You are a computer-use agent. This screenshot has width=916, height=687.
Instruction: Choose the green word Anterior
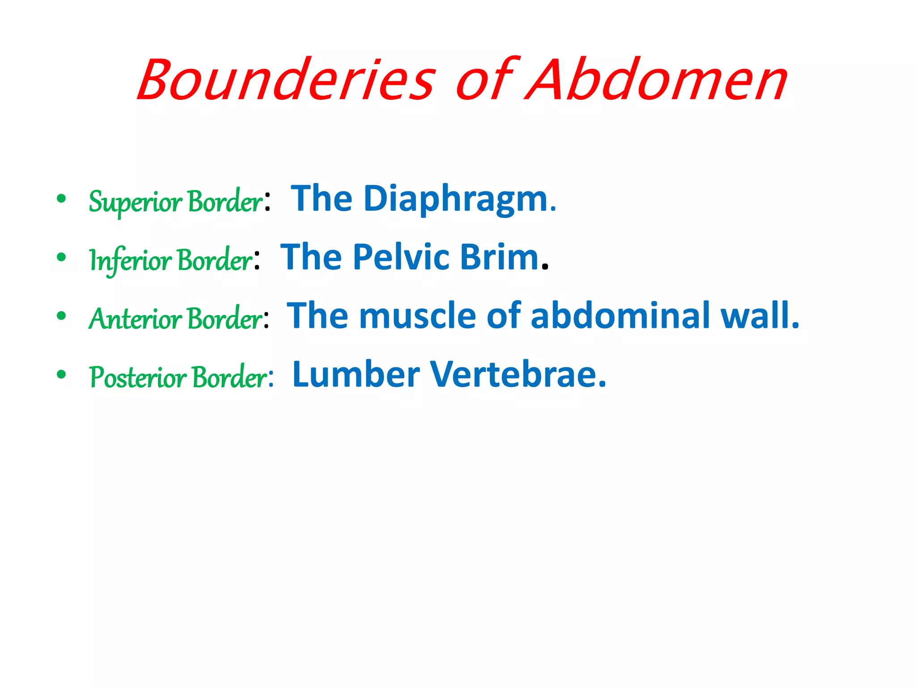click(135, 319)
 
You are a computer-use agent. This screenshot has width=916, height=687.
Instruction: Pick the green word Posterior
click(138, 377)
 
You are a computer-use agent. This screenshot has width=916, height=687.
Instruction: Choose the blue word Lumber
click(356, 374)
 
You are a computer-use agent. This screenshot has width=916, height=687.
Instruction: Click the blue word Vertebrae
click(518, 374)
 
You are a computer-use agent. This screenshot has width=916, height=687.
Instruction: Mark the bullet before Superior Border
click(62, 199)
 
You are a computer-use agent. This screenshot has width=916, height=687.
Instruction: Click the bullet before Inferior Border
click(62, 257)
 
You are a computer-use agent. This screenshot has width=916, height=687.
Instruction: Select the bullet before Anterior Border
click(62, 316)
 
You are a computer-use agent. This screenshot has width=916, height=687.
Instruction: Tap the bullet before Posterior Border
click(62, 374)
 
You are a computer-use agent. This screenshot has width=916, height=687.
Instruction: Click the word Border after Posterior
click(231, 377)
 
